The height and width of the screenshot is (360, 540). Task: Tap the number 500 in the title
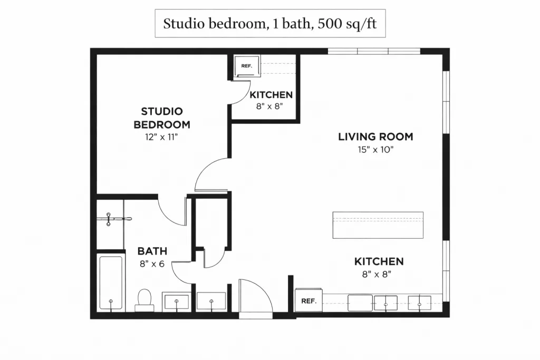(x=330, y=23)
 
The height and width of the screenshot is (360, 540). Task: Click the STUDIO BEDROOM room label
(x=162, y=118)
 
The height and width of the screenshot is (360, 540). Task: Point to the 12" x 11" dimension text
(x=161, y=137)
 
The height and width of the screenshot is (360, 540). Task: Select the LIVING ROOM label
(x=375, y=137)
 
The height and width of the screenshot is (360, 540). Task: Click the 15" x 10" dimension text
(x=375, y=149)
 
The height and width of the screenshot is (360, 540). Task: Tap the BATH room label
(x=152, y=251)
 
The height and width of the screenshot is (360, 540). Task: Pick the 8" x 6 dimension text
(x=152, y=264)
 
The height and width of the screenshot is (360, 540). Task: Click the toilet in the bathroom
(x=144, y=299)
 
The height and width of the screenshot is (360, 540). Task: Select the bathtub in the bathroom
(x=111, y=283)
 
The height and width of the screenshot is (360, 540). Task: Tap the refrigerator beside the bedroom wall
(x=247, y=66)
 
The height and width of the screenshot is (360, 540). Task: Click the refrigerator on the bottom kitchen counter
(x=308, y=301)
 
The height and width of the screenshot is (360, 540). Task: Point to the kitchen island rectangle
(x=378, y=225)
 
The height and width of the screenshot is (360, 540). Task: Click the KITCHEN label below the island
(x=379, y=261)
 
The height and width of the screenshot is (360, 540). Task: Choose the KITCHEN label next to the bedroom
(x=271, y=95)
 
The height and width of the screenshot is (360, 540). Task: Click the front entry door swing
(x=255, y=297)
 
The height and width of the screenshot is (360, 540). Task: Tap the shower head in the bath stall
(x=109, y=219)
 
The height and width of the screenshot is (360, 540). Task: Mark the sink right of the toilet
(x=177, y=302)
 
